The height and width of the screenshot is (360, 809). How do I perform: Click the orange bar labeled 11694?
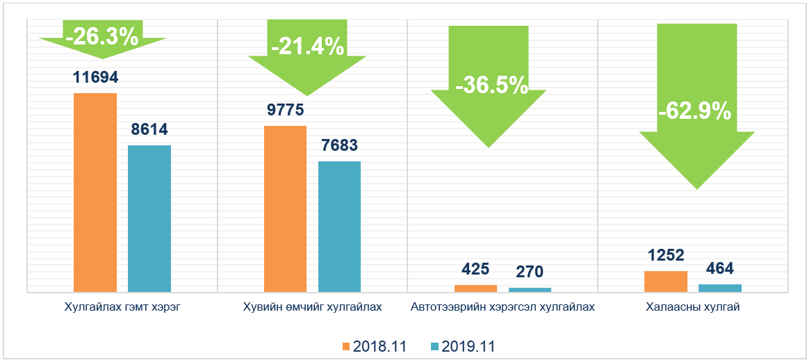(x=95, y=192)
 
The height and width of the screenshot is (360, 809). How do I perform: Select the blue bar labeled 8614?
(x=149, y=218)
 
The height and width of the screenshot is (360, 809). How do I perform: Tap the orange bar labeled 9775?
(x=285, y=208)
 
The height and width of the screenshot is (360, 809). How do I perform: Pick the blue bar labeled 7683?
(x=339, y=226)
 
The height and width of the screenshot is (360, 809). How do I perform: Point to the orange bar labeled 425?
(x=475, y=288)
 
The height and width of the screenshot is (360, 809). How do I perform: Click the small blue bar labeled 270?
(x=530, y=289)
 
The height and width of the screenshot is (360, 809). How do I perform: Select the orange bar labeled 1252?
(x=666, y=281)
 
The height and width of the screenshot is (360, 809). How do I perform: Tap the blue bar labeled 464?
(x=719, y=287)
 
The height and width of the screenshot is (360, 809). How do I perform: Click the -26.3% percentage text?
(x=102, y=36)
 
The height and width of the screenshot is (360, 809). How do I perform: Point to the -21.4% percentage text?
(x=307, y=47)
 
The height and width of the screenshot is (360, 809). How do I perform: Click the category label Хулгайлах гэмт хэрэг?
(x=122, y=306)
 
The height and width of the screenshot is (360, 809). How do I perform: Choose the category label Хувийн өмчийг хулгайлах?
(x=312, y=306)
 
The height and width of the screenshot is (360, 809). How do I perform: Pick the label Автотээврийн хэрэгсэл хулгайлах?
(x=502, y=306)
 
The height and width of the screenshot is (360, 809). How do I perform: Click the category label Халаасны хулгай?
(x=692, y=306)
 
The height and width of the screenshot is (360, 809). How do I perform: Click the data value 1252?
(x=665, y=254)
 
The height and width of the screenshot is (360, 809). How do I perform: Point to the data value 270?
(x=530, y=270)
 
